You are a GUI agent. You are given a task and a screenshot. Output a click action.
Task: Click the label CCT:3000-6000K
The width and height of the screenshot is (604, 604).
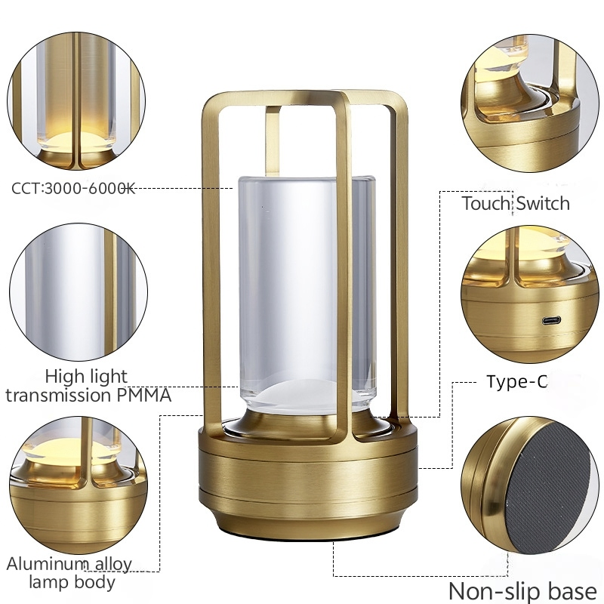coord(73,188)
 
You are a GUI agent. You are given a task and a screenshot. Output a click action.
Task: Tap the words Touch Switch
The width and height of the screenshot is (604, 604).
coord(516,203)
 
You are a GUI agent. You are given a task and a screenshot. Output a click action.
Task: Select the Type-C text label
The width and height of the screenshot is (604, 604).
coord(516,382)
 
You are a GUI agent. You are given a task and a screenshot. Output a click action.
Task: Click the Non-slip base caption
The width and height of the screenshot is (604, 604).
coord(522,590)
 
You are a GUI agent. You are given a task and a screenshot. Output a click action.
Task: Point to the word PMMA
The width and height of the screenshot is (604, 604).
coord(143,394)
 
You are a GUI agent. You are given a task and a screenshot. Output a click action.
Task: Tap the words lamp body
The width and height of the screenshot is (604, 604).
coord(72,582)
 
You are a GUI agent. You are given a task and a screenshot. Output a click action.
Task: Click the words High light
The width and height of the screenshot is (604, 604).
coord(86,376)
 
